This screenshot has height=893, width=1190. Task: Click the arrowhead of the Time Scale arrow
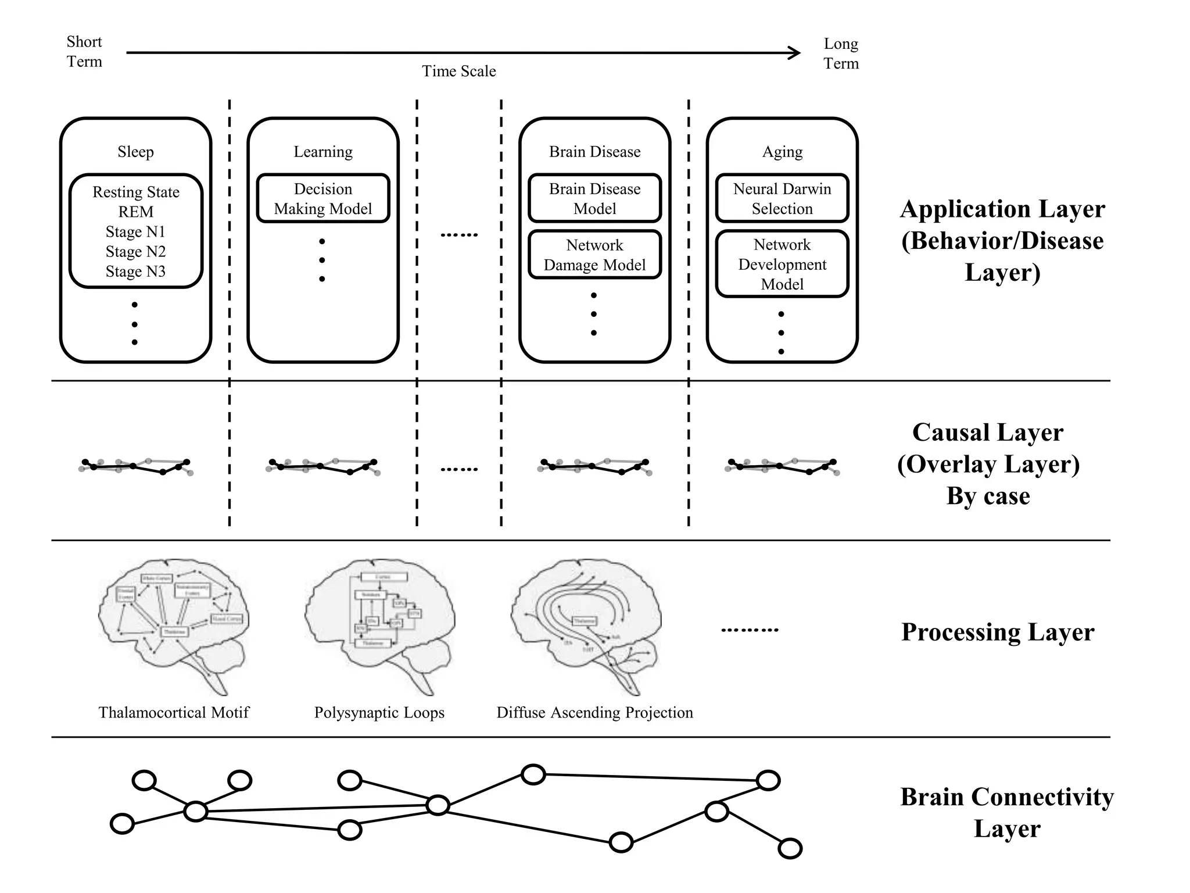(795, 53)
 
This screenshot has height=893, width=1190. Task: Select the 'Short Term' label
(84, 52)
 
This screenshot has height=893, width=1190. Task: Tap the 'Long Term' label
(840, 53)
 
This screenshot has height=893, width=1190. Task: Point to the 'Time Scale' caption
(458, 71)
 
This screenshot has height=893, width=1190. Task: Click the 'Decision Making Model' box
(323, 198)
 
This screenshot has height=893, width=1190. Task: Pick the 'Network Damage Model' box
(594, 255)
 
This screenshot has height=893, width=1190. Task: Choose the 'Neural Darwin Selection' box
(782, 198)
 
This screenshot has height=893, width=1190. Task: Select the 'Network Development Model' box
(782, 264)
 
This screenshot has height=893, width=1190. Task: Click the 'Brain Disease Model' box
(594, 198)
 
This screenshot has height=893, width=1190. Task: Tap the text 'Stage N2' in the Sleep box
(135, 252)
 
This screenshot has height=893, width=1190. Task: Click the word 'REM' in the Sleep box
(135, 212)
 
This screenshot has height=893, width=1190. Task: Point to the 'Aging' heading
(782, 152)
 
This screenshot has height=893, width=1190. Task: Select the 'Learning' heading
(323, 152)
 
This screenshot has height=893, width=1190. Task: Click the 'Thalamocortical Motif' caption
(173, 712)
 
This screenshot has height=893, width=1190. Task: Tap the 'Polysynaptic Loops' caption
(379, 712)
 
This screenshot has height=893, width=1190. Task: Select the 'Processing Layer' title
(997, 632)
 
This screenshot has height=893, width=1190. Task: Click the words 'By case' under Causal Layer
(988, 496)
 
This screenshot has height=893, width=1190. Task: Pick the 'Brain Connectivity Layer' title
(1006, 812)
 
